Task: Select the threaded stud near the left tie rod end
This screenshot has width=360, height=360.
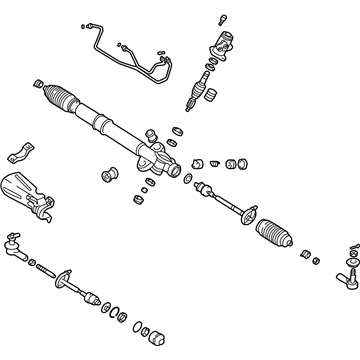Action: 45,268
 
